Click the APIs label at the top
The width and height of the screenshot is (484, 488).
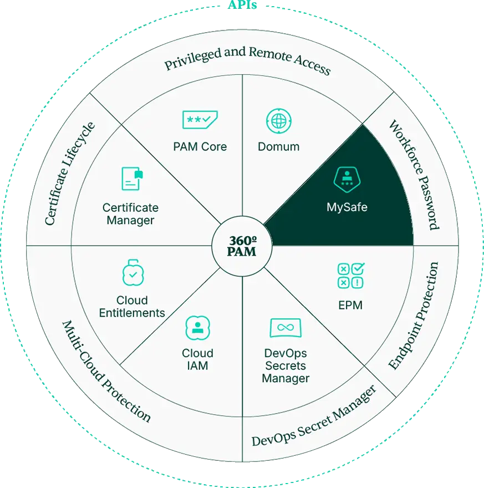tap(242, 5)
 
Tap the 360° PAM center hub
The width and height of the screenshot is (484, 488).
tap(242, 246)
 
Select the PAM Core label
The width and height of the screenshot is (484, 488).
tap(200, 146)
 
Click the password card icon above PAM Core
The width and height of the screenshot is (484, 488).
tap(200, 120)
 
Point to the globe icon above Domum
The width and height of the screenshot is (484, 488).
tap(279, 121)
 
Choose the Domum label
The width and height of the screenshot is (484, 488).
tap(279, 146)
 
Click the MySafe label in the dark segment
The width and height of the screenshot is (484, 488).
tap(347, 207)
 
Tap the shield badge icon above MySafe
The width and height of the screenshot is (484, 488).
tap(347, 180)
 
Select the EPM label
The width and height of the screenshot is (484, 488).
tap(350, 306)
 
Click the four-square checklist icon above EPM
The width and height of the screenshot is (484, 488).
tap(351, 276)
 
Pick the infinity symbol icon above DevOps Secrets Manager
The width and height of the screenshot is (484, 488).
tap(286, 328)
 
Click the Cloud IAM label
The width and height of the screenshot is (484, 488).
tap(197, 359)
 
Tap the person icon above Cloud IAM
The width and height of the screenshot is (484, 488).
tap(197, 328)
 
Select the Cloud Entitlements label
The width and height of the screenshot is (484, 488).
tap(132, 307)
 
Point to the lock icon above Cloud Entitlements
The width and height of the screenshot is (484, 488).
tap(133, 272)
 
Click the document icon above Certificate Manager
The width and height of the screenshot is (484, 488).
tap(132, 179)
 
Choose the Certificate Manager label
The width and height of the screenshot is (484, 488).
tap(131, 214)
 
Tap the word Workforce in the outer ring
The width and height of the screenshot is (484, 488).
tap(406, 146)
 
